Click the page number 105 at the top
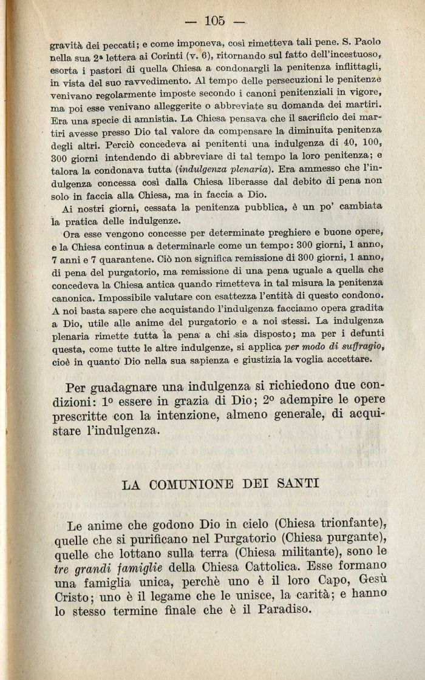tap(216, 21)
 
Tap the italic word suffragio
tap(364, 346)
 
